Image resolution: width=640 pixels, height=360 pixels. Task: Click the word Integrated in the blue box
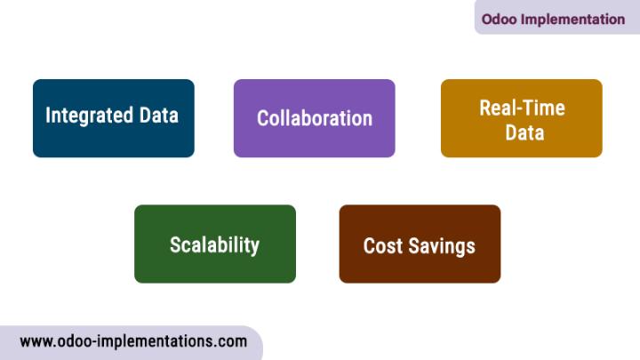[90, 116]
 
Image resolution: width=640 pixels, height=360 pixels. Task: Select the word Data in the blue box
[159, 115]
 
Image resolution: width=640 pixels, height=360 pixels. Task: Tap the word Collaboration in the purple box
[315, 118]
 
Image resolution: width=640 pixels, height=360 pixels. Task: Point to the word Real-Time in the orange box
[522, 108]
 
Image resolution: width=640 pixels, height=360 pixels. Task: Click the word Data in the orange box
[524, 132]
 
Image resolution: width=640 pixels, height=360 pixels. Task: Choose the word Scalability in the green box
[215, 245]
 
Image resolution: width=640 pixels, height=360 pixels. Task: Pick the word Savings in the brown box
[442, 246]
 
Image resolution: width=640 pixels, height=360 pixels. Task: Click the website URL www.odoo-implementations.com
[133, 341]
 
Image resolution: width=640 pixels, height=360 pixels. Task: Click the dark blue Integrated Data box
[114, 118]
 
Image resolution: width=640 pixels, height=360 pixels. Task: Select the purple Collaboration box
[315, 118]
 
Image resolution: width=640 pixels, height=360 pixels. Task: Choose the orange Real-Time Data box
[522, 118]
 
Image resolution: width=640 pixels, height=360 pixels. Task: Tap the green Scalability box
[215, 244]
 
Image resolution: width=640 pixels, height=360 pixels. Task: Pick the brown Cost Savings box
[420, 244]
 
